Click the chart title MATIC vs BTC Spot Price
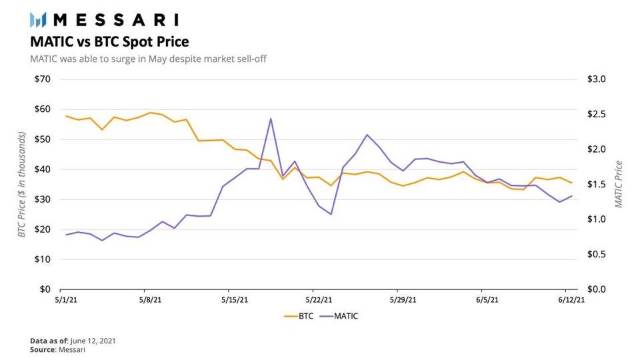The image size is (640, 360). click(109, 41)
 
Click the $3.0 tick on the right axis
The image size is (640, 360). click(596, 79)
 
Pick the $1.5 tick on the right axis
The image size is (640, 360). click(596, 185)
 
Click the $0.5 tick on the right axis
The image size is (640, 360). click(596, 255)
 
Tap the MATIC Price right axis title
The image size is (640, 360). click(619, 184)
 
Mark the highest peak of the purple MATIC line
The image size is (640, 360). click(271, 119)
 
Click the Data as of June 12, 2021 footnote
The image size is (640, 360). click(73, 341)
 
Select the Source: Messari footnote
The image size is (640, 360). click(58, 349)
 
